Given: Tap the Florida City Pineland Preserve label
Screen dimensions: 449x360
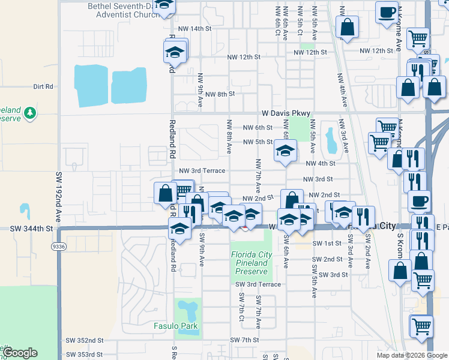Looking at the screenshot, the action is pyautogui.click(x=252, y=263).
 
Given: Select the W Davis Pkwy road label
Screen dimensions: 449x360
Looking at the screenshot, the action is pyautogui.click(x=286, y=113).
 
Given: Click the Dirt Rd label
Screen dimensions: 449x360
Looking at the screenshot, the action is pyautogui.click(x=43, y=86).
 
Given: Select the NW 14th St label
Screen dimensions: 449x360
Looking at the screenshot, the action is pyautogui.click(x=195, y=29).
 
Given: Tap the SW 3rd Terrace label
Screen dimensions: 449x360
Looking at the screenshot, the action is pyautogui.click(x=258, y=284).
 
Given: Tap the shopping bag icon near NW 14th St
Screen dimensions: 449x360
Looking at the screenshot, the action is pyautogui.click(x=347, y=26).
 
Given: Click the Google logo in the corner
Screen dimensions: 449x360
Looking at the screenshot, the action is pyautogui.click(x=20, y=353).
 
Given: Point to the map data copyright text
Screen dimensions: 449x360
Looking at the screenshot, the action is pyautogui.click(x=411, y=355).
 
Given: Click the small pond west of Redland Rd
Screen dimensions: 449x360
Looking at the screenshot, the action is pyautogui.click(x=25, y=211).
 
